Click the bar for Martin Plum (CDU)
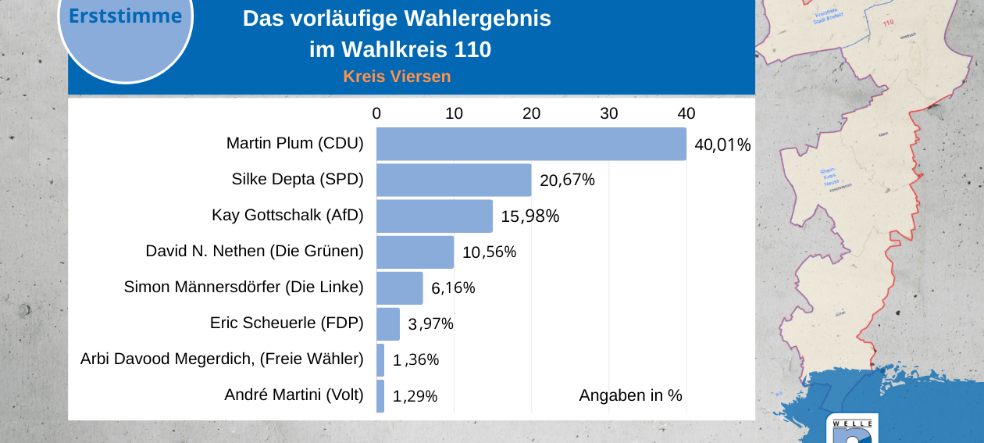point(531,145)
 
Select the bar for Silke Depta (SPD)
point(454,180)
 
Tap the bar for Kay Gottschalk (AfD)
point(434,216)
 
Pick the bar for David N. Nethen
point(415,252)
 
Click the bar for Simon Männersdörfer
point(399,288)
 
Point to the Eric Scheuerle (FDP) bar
point(388,324)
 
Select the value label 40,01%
point(722,145)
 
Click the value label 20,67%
point(567,180)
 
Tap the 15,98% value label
point(529,216)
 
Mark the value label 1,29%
point(415,397)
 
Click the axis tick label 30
point(608,113)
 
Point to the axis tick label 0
point(376,113)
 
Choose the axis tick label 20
point(531,113)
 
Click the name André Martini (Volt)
point(294,395)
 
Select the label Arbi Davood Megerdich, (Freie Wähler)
point(222,359)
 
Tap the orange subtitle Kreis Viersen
point(397,77)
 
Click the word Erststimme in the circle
point(125,16)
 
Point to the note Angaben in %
point(630,395)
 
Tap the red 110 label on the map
point(888,23)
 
